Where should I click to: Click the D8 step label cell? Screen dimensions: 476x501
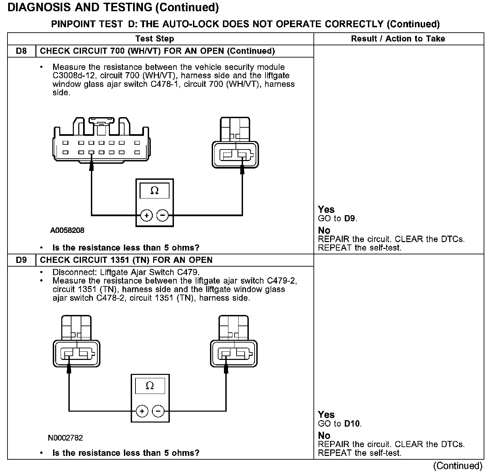21,51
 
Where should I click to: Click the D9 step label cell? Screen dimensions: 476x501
21,260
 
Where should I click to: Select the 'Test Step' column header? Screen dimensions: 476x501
155,39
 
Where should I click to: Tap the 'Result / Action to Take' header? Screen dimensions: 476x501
398,39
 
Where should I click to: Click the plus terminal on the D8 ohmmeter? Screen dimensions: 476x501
146,216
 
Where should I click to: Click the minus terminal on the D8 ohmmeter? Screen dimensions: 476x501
162,216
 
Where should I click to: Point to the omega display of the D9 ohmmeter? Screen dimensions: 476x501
150,386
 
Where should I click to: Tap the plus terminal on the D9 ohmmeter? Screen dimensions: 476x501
142,411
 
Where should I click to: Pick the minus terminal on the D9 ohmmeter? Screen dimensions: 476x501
158,411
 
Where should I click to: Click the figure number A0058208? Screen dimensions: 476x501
67,231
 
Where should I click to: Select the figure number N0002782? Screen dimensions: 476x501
65,438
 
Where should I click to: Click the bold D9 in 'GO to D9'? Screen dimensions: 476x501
350,219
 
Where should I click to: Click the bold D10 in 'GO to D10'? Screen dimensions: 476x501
352,424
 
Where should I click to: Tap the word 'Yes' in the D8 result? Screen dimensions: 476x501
326,209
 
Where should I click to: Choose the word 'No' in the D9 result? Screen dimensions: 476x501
324,435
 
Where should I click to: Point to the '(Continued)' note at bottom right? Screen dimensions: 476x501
458,466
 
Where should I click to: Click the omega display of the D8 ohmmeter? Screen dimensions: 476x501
155,191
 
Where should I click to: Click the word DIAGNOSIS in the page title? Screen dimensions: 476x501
37,7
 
